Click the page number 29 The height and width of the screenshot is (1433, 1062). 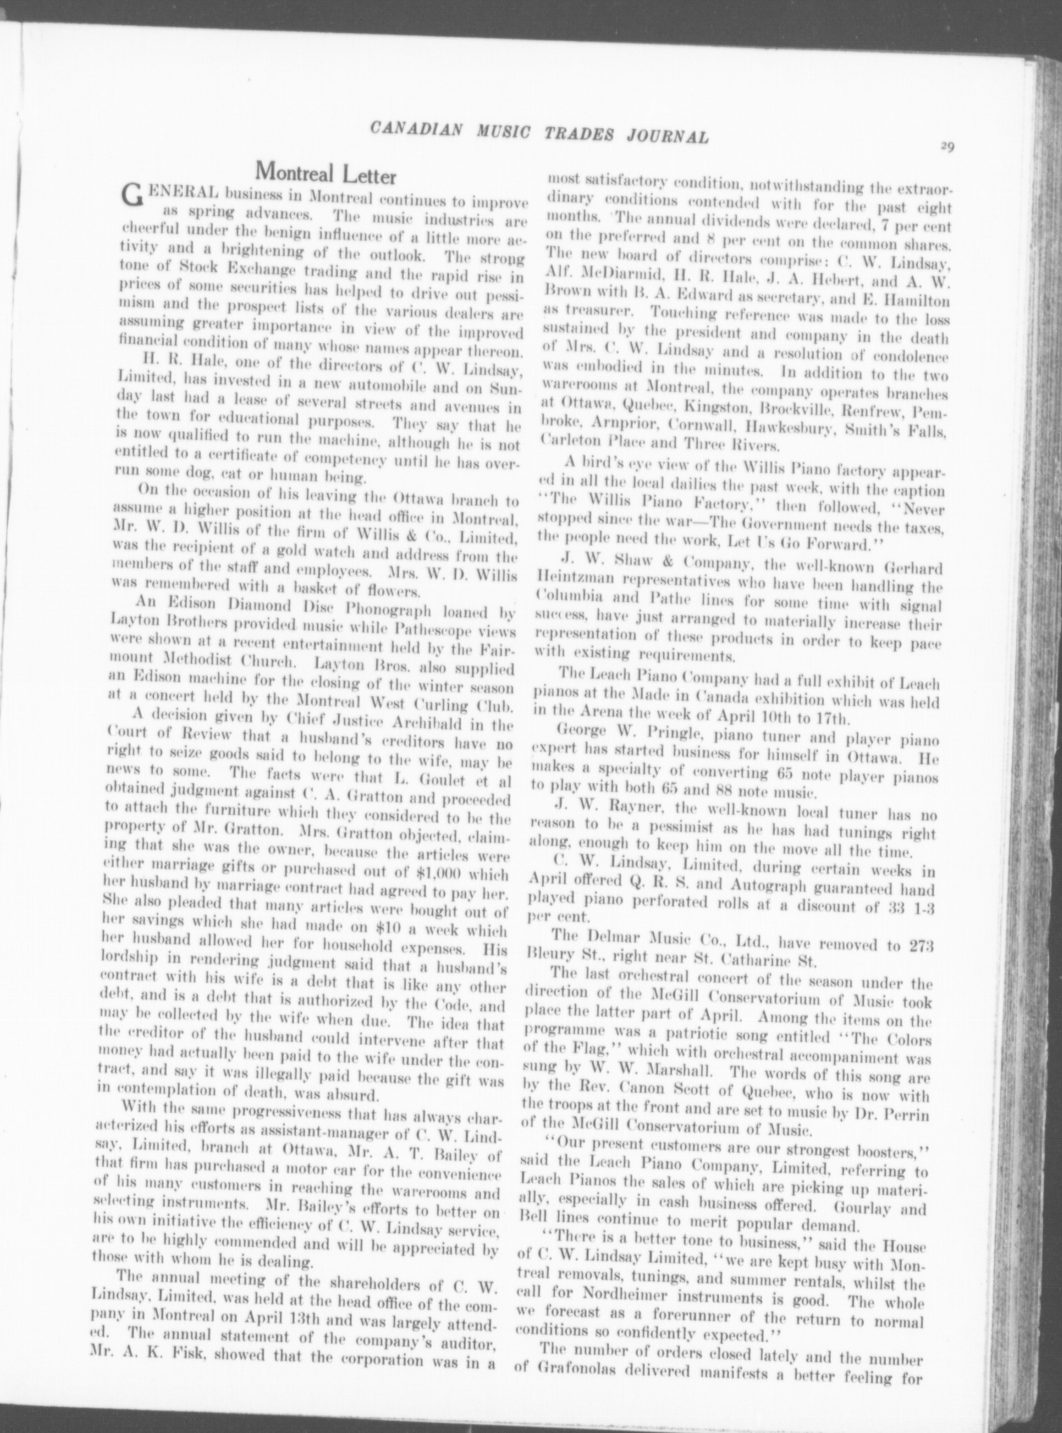[x=946, y=146]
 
